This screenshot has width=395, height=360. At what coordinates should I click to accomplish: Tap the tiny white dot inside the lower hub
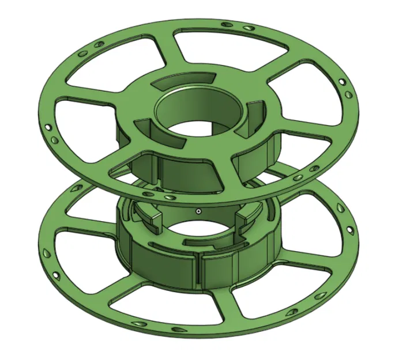click(x=198, y=211)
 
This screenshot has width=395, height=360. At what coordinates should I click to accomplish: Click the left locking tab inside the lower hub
click(x=147, y=214)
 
